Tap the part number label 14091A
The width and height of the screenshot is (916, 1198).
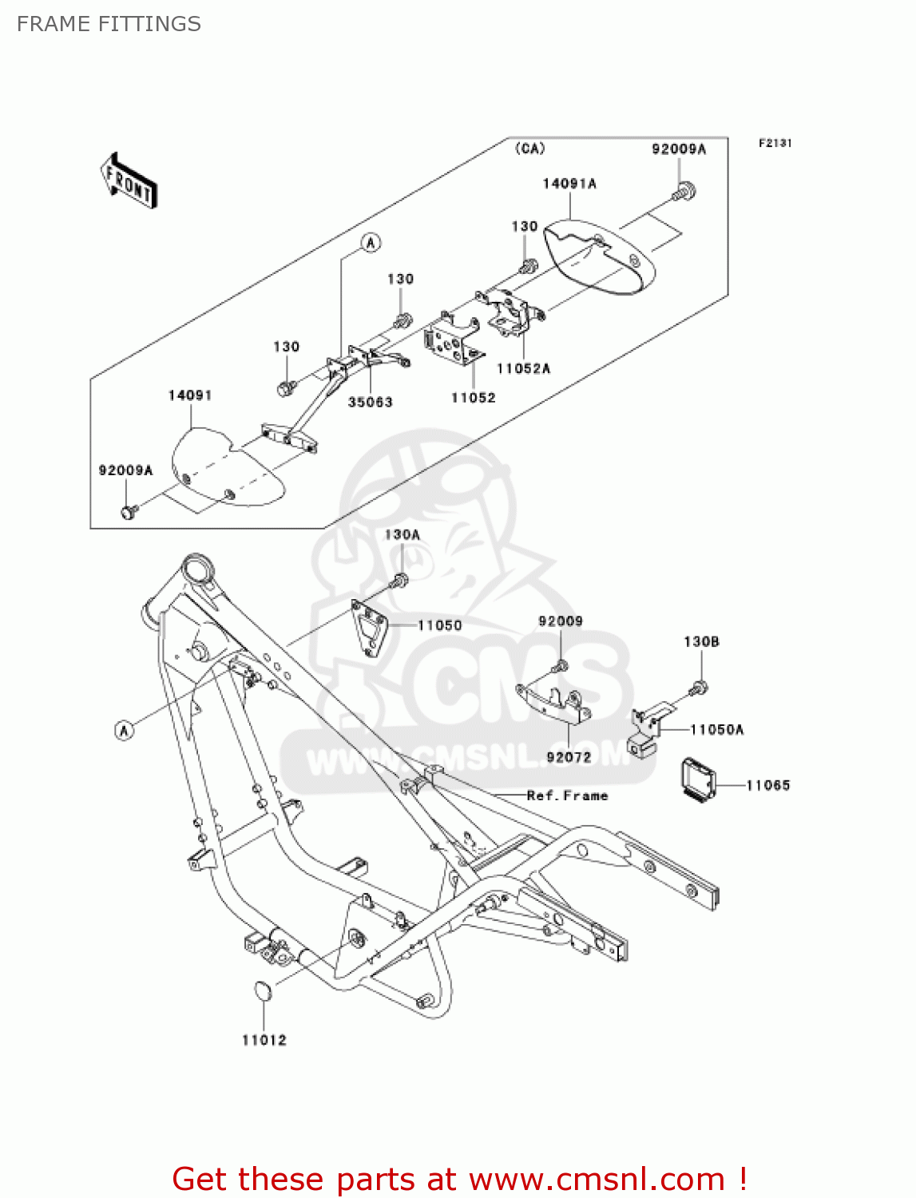pos(569,184)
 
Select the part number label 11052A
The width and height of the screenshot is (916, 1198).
pos(523,368)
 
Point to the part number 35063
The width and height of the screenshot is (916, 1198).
pos(371,402)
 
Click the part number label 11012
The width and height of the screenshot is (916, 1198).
pos(264,1040)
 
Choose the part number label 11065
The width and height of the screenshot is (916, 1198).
pos(767,785)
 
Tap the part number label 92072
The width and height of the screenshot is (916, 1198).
pos(569,756)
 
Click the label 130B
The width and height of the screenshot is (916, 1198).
pos(701,641)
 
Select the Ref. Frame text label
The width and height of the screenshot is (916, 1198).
pos(567,795)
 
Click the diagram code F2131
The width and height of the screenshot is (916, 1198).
pos(775,143)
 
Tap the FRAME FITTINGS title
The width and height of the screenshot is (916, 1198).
pos(109,24)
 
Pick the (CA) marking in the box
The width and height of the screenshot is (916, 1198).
pos(529,149)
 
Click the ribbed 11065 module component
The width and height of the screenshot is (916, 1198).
pos(697,779)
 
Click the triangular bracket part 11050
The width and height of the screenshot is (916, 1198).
pos(371,628)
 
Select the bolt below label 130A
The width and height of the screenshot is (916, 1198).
pos(401,581)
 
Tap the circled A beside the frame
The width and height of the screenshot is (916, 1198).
pos(125,729)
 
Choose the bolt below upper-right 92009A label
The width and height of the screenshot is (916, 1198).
pos(684,192)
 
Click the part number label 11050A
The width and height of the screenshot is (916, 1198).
pos(716,729)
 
